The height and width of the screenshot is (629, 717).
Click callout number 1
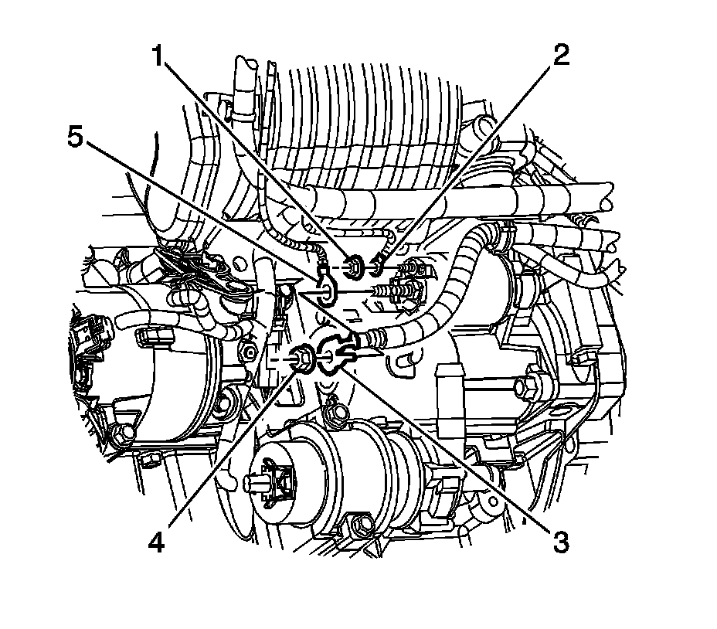point(158,57)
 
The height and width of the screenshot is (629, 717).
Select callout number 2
point(561,56)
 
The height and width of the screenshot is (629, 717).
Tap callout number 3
point(560,543)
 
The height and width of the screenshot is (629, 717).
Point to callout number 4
point(156,543)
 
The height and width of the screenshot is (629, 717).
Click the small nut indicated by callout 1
point(355,267)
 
